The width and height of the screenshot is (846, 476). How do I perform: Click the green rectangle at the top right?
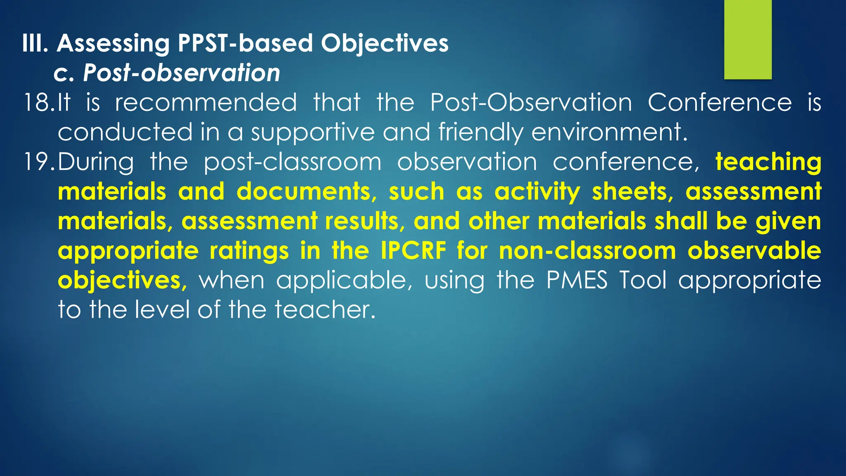point(748,39)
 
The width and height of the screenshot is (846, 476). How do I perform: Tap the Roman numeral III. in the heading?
point(36,43)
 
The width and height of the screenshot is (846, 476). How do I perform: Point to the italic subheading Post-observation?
point(181,73)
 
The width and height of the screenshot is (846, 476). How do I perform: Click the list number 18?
point(38,102)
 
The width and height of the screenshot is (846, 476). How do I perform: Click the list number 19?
point(38,162)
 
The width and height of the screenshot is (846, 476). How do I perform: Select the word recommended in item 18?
point(206,102)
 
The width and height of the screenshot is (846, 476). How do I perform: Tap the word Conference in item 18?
point(720,102)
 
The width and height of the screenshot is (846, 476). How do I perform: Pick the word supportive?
point(313,132)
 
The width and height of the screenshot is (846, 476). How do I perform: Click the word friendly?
point(480,132)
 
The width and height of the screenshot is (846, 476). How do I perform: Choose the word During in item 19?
point(96,162)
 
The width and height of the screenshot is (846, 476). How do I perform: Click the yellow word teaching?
point(768,162)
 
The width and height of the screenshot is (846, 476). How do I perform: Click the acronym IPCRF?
point(413,250)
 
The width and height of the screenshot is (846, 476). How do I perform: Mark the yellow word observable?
point(754,250)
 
